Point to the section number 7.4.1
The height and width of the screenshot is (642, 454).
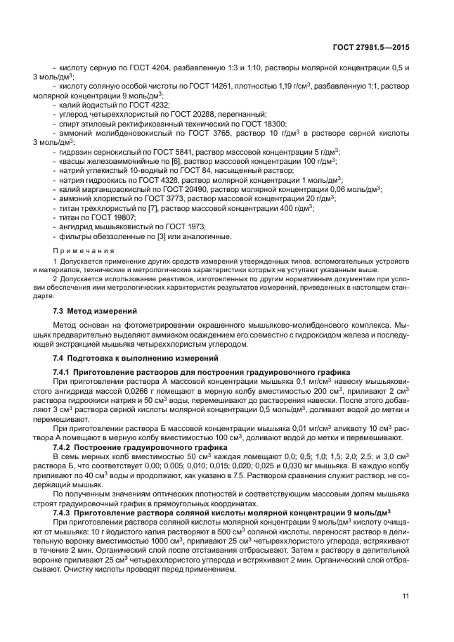(x=64, y=371)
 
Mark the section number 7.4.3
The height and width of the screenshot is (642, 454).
(x=64, y=511)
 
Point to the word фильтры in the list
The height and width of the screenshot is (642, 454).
(x=72, y=237)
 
